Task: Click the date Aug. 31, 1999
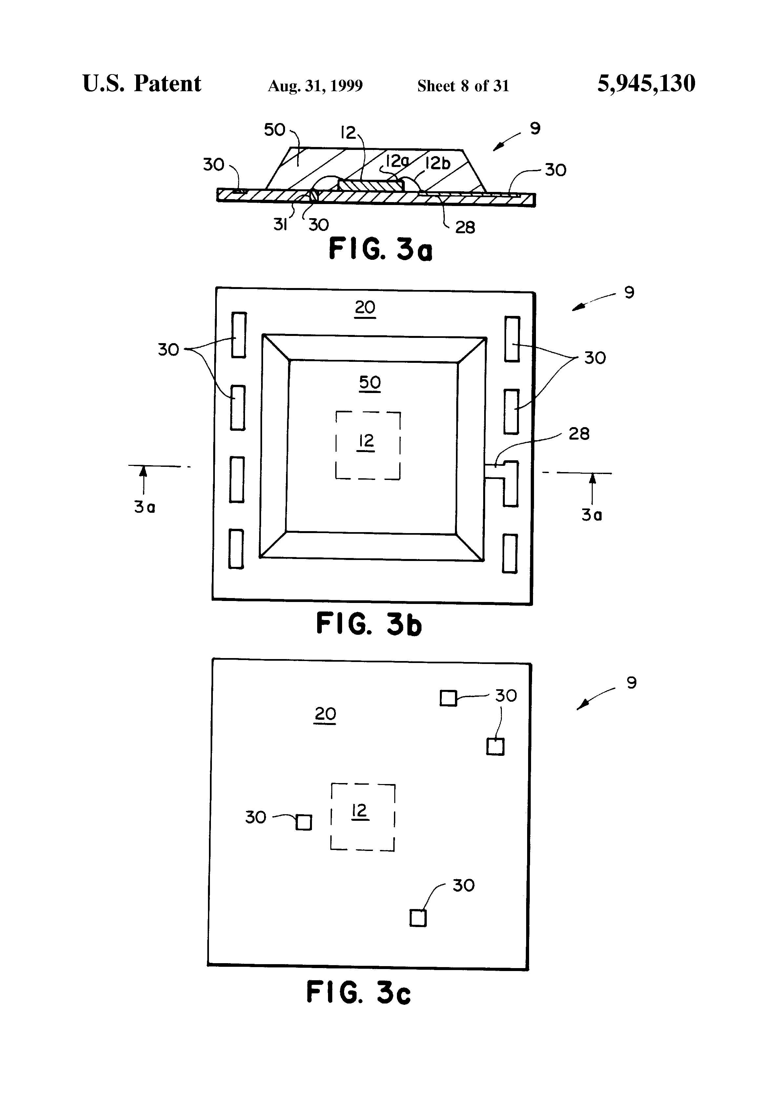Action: (x=315, y=86)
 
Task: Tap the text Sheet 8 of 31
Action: (x=463, y=86)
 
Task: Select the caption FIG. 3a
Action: (x=380, y=250)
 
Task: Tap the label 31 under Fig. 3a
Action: (x=280, y=224)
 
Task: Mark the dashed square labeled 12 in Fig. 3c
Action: (x=363, y=817)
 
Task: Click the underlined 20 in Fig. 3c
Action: (x=325, y=714)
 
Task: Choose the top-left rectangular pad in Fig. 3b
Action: (x=238, y=335)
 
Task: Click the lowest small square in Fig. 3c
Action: (x=418, y=918)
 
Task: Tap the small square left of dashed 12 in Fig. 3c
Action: (x=303, y=822)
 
